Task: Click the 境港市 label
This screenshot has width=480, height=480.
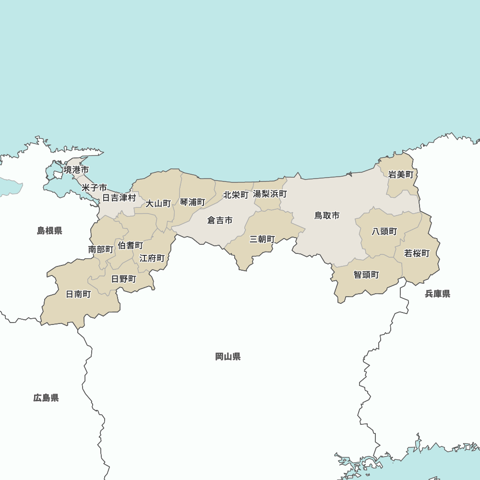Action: click(x=76, y=170)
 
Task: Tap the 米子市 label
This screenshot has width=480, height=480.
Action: click(x=94, y=187)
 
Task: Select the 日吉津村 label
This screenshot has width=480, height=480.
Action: click(x=119, y=198)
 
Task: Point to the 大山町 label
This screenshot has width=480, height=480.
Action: click(x=158, y=204)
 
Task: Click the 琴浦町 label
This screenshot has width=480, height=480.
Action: click(x=192, y=202)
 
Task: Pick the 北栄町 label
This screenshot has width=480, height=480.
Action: click(x=236, y=195)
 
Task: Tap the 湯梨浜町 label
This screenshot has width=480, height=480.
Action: click(x=270, y=194)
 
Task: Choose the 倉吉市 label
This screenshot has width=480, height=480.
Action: click(x=220, y=220)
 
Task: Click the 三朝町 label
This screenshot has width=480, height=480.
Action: click(x=262, y=239)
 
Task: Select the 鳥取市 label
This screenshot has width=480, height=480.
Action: click(x=327, y=216)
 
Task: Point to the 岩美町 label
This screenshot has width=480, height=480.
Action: click(x=401, y=175)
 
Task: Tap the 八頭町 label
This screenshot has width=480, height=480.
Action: click(x=384, y=231)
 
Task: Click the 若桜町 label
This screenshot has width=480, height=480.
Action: click(x=417, y=253)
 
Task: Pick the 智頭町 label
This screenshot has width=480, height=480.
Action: click(x=366, y=275)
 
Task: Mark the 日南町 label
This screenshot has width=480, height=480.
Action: click(x=78, y=294)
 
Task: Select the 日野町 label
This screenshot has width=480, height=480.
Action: click(x=124, y=279)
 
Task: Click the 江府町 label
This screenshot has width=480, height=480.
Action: click(x=152, y=258)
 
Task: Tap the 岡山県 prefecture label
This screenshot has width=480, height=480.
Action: click(x=228, y=357)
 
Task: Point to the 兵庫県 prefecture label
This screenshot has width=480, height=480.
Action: click(x=438, y=294)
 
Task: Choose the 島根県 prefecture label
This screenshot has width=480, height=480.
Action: click(x=50, y=231)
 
